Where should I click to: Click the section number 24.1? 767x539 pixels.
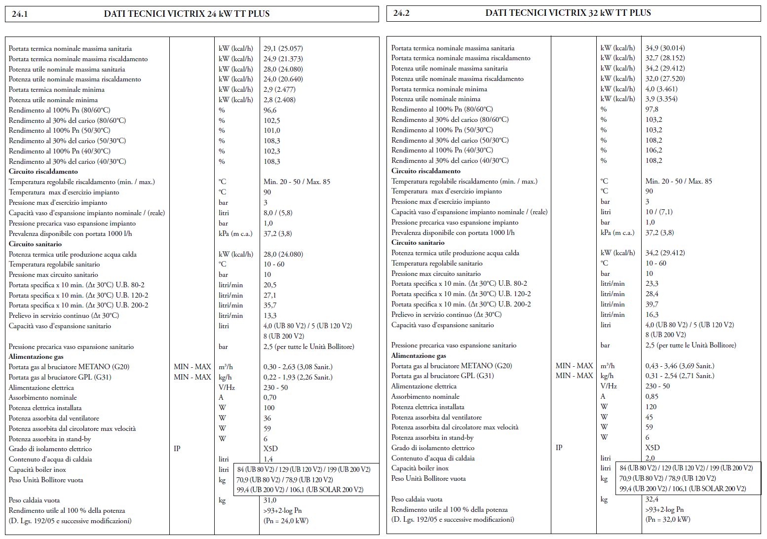point(20,14)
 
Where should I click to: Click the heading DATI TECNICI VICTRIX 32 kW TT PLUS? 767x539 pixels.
point(568,13)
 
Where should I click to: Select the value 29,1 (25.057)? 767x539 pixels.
point(283,48)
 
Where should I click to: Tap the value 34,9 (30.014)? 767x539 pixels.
point(665,48)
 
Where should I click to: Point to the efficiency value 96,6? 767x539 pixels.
point(270,110)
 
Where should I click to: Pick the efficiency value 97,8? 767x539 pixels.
point(652,109)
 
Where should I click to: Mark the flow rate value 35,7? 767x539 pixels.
point(270,305)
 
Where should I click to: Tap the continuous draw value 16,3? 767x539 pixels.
point(652,314)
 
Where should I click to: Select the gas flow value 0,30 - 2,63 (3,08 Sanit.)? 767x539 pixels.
point(298,367)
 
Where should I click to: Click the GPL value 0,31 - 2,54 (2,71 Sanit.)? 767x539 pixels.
point(680,376)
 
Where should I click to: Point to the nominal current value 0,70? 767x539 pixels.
point(270,397)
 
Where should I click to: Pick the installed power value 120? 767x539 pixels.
point(651,407)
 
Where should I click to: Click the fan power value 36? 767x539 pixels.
point(267,418)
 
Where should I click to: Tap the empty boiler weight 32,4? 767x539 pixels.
point(652,499)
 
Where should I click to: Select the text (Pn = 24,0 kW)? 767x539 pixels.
point(286,521)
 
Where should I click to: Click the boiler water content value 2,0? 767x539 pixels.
point(650,458)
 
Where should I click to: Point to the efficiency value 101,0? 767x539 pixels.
point(271,130)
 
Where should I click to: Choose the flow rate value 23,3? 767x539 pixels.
point(652,283)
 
